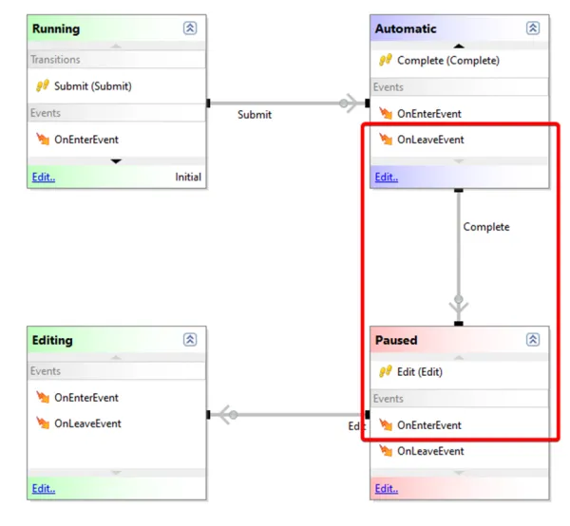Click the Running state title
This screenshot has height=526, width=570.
pos(56,28)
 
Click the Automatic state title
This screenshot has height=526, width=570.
pos(406,28)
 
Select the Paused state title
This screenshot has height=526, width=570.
pos(396,340)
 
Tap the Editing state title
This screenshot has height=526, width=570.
pos(52,340)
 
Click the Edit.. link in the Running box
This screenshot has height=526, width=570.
pos(44,177)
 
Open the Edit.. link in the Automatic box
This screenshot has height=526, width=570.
pos(387,177)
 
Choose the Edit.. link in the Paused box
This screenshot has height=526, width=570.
pos(387,489)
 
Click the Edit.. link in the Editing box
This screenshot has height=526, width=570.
pos(44,489)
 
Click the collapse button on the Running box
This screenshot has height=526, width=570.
pos(190,28)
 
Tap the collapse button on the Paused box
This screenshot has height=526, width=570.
pos(533,340)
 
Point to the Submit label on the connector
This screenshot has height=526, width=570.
pos(255,115)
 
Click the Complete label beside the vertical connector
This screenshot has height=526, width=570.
pos(486,227)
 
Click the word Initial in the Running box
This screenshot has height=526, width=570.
pos(188,177)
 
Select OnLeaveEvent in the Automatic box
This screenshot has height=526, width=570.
pos(430,140)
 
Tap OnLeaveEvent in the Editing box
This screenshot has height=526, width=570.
pos(87,423)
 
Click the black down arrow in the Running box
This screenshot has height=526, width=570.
pos(116,161)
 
